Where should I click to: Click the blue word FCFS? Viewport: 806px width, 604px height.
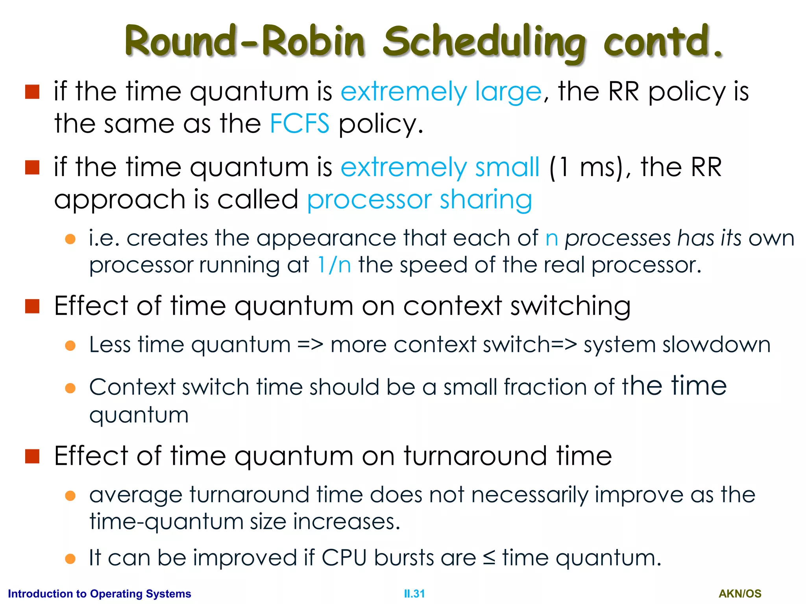pos(299,123)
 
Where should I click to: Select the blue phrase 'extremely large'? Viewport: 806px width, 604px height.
pos(441,92)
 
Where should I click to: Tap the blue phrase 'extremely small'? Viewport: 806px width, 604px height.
pos(440,168)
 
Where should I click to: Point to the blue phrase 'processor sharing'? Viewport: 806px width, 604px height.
pos(419,200)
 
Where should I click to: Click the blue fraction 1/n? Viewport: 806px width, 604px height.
pos(334,265)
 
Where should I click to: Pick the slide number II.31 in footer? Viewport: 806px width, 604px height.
pos(414,594)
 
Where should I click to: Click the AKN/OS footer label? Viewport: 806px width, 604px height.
pos(740,594)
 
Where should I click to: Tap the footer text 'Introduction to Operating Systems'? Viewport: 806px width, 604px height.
pos(100,594)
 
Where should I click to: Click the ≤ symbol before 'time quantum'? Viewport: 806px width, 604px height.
pos(489,558)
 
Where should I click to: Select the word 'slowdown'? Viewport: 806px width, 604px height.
pos(716,345)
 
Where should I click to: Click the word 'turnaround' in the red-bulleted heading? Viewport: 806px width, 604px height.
pos(475,456)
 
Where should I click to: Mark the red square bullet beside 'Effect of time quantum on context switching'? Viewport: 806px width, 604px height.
pos(32,306)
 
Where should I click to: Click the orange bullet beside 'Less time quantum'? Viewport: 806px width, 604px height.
pos(70,346)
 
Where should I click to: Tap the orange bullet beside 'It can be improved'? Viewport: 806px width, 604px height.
pos(70,559)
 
